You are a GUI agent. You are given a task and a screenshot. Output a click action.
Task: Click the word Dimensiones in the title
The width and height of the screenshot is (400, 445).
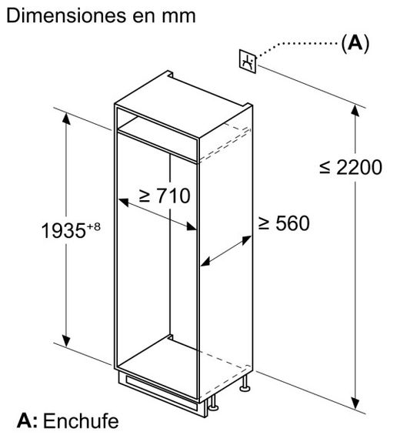(67, 16)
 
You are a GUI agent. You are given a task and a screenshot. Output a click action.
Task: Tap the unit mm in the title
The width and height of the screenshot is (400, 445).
(178, 17)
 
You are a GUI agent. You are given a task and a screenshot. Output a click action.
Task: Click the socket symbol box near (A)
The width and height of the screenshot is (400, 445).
(248, 62)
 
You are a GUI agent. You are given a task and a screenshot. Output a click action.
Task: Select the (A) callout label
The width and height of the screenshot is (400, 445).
(355, 43)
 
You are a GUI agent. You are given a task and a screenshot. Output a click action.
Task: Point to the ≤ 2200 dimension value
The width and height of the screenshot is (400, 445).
(351, 167)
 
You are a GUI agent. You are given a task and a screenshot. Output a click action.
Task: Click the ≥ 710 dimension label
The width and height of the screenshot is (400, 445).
(165, 196)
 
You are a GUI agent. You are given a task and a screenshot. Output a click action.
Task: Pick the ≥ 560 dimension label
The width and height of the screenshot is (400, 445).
(284, 223)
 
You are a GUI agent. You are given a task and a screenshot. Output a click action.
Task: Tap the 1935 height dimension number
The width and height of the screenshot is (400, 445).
(64, 230)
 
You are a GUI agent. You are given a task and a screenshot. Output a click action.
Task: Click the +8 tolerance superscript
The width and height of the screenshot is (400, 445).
(93, 227)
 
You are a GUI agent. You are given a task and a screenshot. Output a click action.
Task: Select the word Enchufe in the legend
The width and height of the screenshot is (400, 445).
(81, 421)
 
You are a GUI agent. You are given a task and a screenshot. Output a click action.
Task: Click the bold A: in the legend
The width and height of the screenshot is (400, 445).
(27, 421)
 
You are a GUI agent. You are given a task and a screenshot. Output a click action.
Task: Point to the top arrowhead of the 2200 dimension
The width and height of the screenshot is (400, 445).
(355, 111)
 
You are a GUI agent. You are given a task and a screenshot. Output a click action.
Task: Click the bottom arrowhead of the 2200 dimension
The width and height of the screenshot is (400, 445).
(355, 403)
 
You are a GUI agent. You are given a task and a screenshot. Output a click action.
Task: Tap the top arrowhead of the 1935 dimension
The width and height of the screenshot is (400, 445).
(66, 119)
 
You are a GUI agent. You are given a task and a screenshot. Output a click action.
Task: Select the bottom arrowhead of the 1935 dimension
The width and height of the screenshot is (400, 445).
(66, 340)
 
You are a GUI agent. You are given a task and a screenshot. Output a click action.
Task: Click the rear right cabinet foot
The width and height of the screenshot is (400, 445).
(245, 384)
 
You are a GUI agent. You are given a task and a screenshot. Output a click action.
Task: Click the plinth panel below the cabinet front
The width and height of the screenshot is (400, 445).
(162, 393)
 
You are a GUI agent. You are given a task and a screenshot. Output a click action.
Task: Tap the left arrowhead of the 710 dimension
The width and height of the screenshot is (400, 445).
(124, 202)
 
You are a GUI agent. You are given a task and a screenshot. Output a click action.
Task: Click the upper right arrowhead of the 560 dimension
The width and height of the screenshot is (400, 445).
(246, 240)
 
